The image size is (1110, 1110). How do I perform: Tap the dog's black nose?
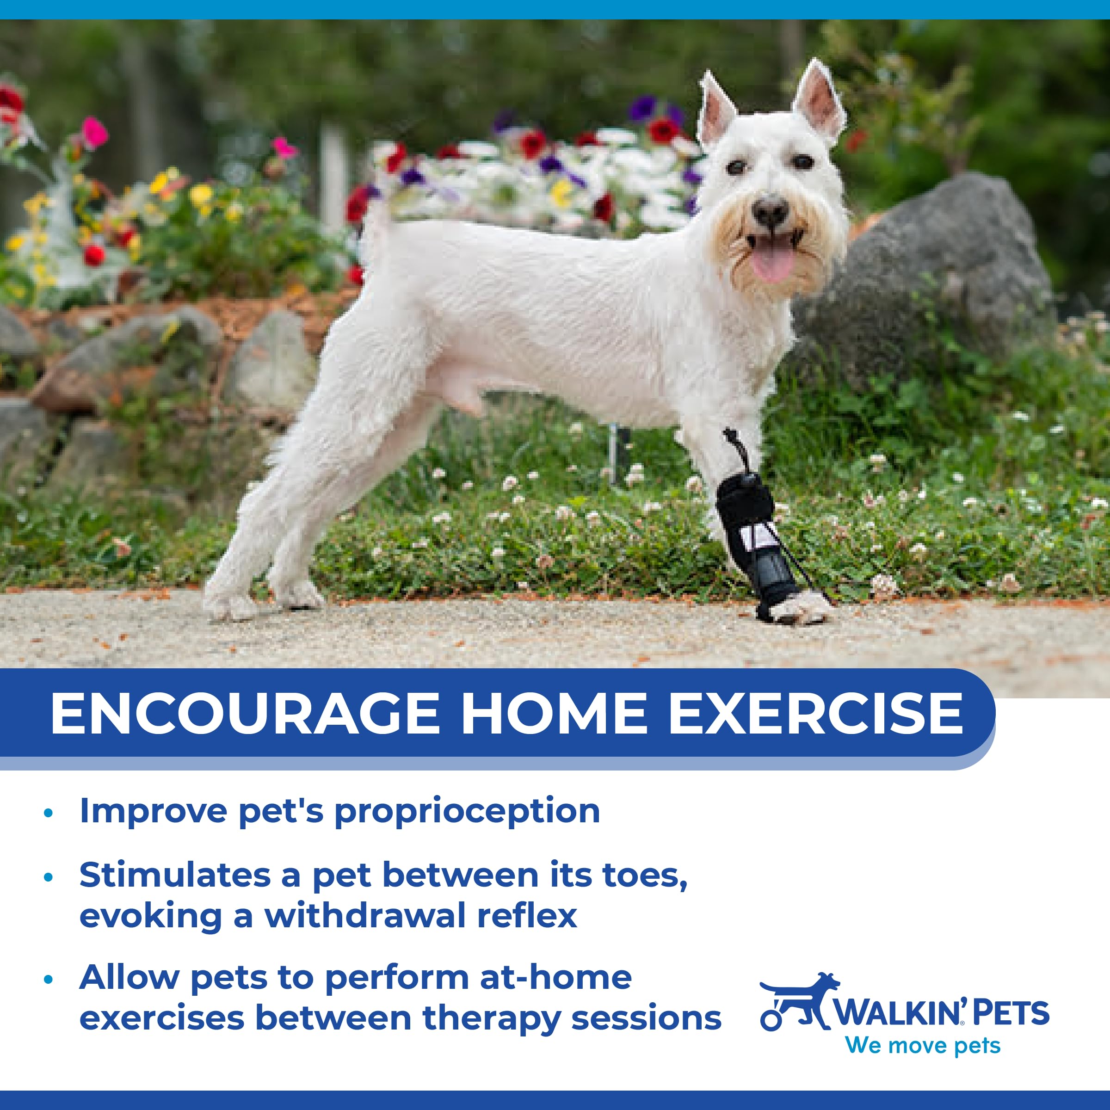[x=771, y=211]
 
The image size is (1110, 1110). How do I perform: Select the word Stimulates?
[x=175, y=876]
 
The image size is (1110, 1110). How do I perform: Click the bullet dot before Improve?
[x=48, y=813]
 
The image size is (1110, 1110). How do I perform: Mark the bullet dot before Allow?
[x=48, y=979]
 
